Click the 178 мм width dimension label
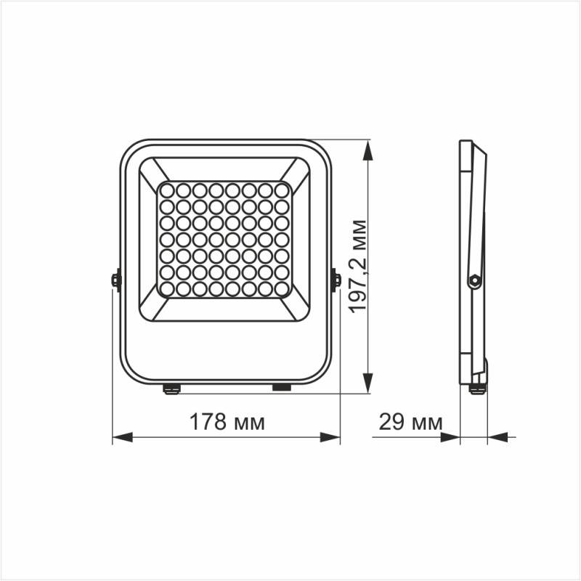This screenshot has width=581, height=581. click(227, 421)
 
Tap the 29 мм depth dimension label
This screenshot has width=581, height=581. click(410, 421)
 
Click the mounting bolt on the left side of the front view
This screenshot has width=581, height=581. click(115, 280)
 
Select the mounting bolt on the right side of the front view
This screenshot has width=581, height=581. click(336, 280)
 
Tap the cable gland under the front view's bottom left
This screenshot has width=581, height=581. click(171, 389)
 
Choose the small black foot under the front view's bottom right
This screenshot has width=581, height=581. click(281, 388)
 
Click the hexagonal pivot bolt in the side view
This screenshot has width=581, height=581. click(474, 280)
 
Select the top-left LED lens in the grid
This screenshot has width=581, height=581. click(166, 190)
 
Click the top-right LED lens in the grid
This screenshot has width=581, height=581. click(282, 190)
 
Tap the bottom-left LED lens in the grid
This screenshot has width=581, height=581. click(166, 288)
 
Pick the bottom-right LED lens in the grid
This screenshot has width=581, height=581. click(282, 288)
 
